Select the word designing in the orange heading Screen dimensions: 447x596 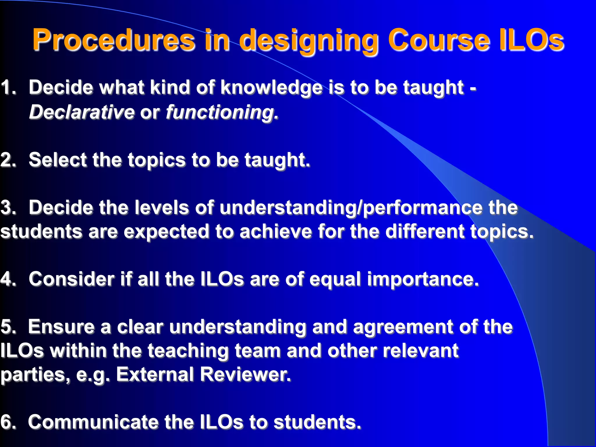[309, 41]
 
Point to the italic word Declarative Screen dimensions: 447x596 [81, 112]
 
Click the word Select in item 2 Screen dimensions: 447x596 [57, 160]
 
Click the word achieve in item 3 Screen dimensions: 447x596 [276, 232]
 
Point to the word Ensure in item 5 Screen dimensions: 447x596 [61, 327]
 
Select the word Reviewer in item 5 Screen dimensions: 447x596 [245, 374]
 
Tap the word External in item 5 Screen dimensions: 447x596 [155, 374]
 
